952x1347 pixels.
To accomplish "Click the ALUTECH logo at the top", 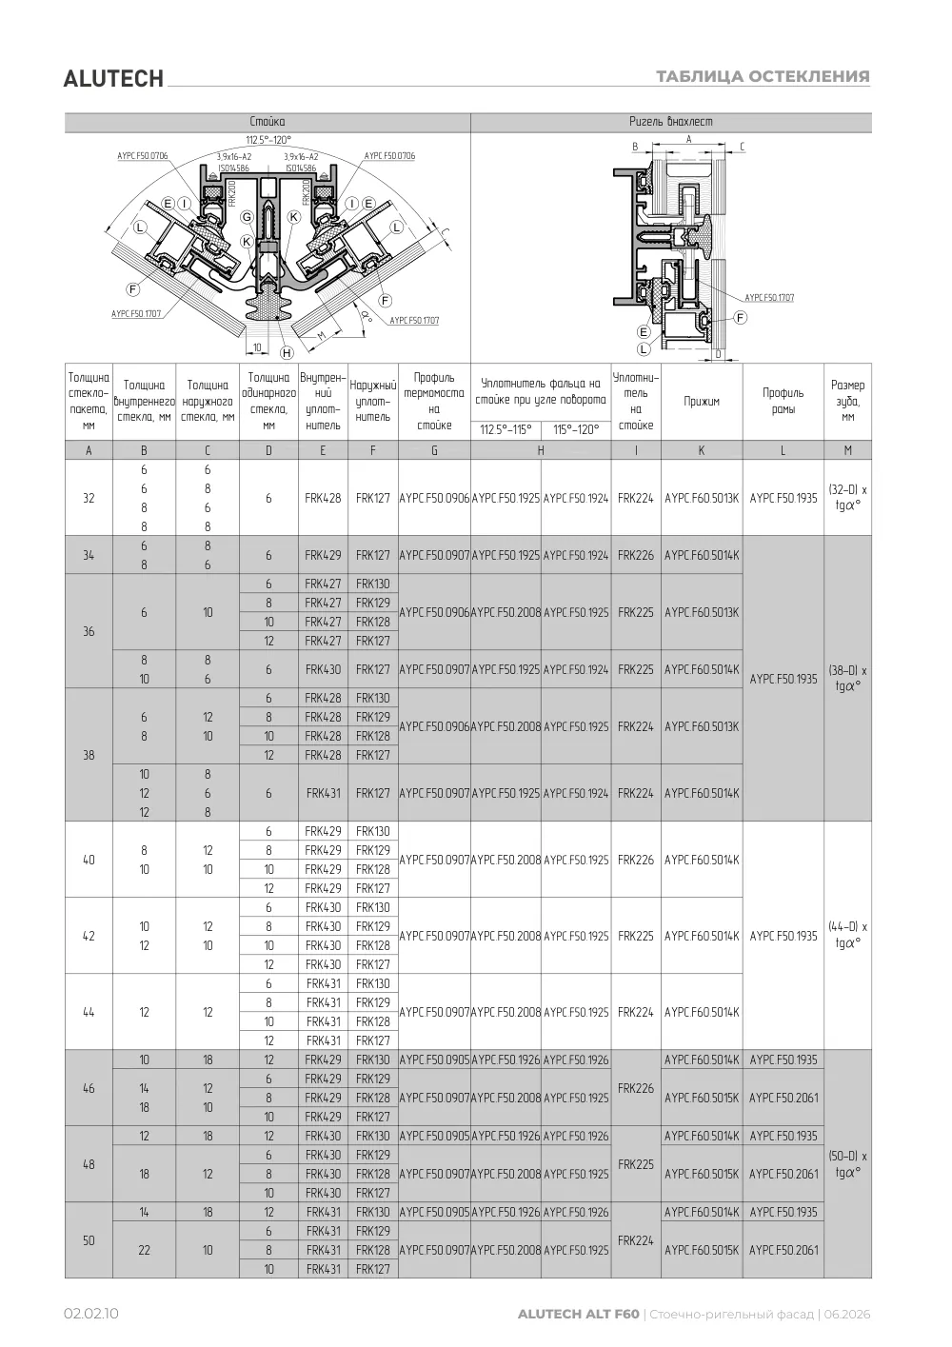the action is point(113,79).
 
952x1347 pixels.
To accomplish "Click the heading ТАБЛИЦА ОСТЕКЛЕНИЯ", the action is point(763,76).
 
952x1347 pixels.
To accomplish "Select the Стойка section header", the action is point(267,122).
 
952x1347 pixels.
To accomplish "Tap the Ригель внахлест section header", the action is point(670,122).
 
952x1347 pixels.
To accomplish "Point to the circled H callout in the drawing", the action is point(287,353).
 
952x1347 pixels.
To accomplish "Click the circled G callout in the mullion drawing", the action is point(248,216).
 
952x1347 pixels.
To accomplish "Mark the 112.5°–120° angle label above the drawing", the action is point(268,140).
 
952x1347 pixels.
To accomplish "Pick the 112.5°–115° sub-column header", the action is point(506,429).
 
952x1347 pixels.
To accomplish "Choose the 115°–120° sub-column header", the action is point(576,429).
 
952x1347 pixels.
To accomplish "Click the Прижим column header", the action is point(702,401).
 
